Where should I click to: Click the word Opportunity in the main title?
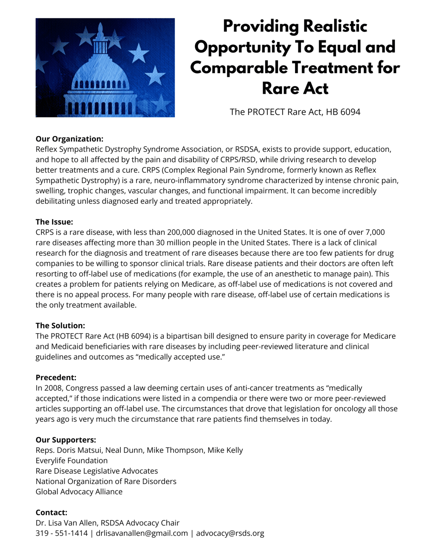242,47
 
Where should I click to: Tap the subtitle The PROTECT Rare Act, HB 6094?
295,112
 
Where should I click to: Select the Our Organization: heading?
69,139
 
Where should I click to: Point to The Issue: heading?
54,222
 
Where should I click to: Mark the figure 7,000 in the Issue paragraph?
375,232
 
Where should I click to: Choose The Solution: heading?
60,326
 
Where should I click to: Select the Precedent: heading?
56,377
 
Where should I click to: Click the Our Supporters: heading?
66,440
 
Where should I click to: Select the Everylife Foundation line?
71,461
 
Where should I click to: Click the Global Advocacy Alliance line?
79,492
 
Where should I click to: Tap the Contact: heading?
51,513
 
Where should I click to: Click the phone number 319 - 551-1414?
61,533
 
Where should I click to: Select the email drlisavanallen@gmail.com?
142,533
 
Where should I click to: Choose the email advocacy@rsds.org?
230,533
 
